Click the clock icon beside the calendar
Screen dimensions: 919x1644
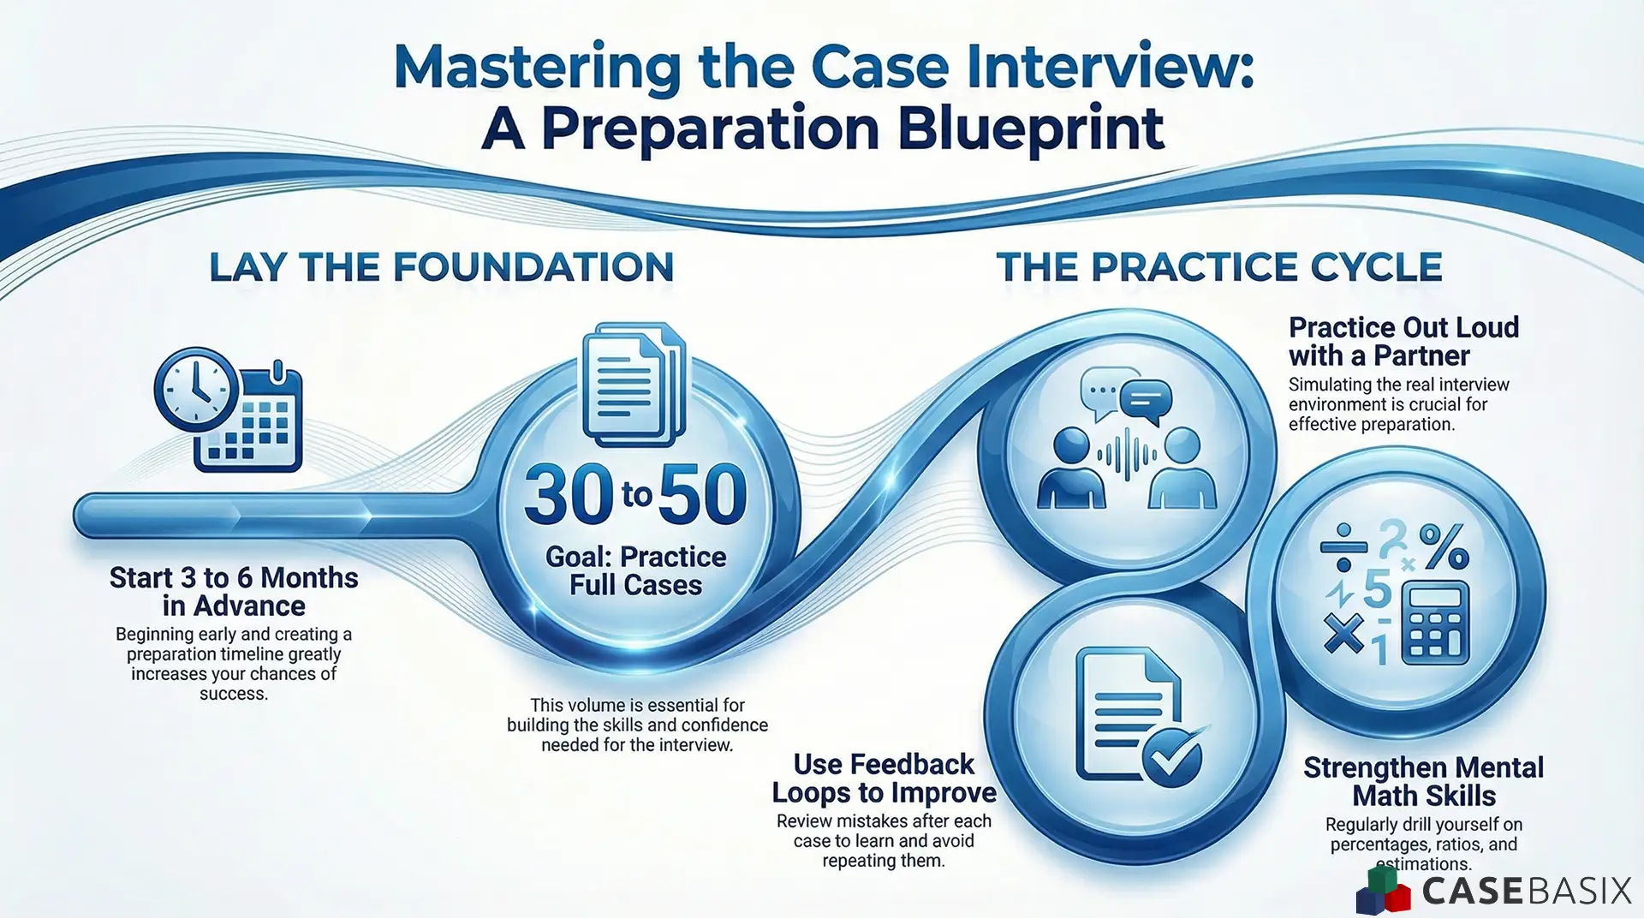click(196, 390)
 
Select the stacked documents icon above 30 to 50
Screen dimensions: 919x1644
click(634, 385)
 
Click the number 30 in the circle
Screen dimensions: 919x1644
click(569, 495)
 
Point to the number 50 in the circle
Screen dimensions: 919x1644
click(703, 495)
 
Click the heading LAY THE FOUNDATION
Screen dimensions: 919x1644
click(441, 267)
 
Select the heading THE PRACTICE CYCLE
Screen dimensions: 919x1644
click(1218, 267)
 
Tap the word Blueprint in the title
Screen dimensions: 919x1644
click(1031, 129)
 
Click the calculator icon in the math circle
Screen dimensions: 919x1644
click(1435, 623)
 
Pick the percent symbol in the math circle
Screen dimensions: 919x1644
click(1444, 546)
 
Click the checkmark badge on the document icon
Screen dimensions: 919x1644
click(1172, 757)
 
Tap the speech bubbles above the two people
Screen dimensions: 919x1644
click(1126, 395)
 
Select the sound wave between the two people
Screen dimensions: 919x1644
click(1126, 454)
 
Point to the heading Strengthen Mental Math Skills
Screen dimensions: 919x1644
click(1423, 781)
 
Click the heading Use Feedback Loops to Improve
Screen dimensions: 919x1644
click(884, 778)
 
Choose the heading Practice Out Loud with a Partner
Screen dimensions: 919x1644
click(1403, 341)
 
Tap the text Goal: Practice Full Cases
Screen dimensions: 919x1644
click(636, 570)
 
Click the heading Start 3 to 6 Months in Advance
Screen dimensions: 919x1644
click(234, 591)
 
